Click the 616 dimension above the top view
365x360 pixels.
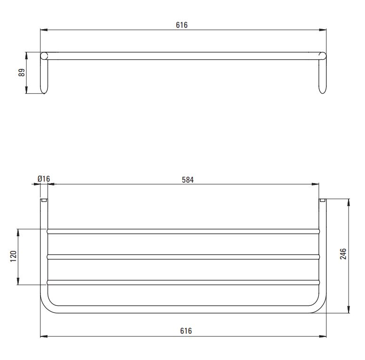[x=182, y=25]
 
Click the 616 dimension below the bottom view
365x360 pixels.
[x=186, y=331]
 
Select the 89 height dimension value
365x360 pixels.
[x=22, y=72]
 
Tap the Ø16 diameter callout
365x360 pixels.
[x=44, y=179]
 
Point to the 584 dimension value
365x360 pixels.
[x=188, y=180]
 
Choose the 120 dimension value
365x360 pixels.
[x=14, y=256]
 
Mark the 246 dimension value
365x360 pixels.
[x=343, y=254]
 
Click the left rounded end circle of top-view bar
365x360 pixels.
[x=44, y=56]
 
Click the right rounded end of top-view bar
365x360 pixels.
[x=322, y=56]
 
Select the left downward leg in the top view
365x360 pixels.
[x=44, y=76]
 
